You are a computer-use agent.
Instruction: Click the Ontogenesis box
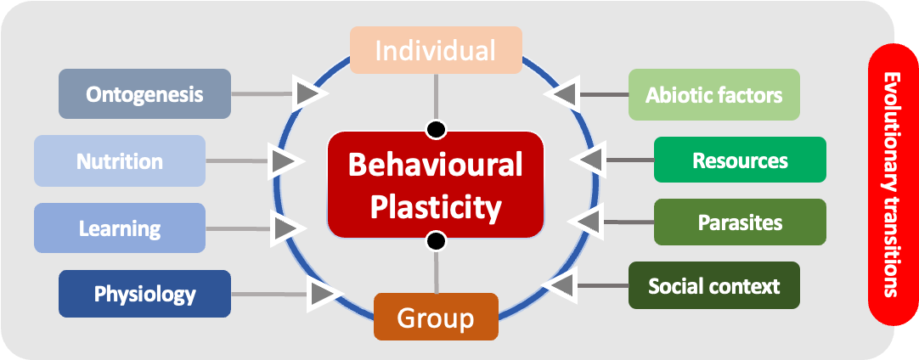pyautogui.click(x=144, y=93)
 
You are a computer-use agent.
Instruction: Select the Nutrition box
pyautogui.click(x=120, y=160)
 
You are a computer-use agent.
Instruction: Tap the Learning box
pyautogui.click(x=120, y=228)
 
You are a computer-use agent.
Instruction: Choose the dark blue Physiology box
pyautogui.click(x=144, y=294)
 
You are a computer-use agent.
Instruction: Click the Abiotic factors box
pyautogui.click(x=713, y=93)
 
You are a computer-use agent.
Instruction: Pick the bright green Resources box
pyautogui.click(x=740, y=160)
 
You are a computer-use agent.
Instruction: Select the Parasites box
pyautogui.click(x=740, y=222)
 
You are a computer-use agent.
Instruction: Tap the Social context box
pyautogui.click(x=713, y=285)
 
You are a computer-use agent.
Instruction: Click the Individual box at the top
pyautogui.click(x=436, y=50)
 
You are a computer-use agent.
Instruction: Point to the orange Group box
pyautogui.click(x=436, y=317)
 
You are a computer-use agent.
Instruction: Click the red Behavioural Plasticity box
pyautogui.click(x=436, y=183)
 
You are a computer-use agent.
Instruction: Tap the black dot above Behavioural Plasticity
pyautogui.click(x=436, y=129)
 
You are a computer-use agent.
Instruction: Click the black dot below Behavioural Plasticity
pyautogui.click(x=436, y=242)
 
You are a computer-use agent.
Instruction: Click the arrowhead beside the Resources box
pyautogui.click(x=588, y=160)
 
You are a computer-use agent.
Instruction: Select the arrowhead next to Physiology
pyautogui.click(x=322, y=294)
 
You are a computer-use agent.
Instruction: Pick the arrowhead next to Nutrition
pyautogui.click(x=285, y=160)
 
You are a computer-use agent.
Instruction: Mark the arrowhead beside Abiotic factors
pyautogui.click(x=562, y=93)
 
